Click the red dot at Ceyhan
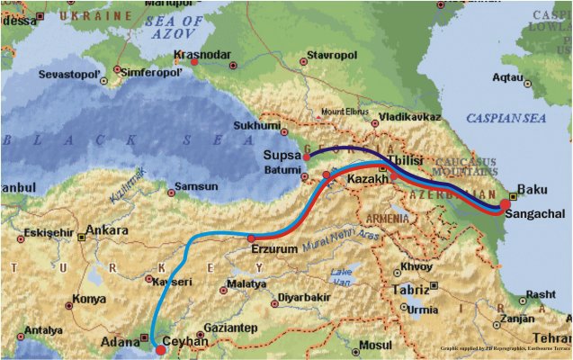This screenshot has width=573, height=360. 160,349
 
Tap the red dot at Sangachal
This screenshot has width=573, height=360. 505,204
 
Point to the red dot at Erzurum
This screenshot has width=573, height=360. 252,238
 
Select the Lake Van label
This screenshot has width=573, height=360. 342,274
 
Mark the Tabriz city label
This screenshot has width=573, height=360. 410,290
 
